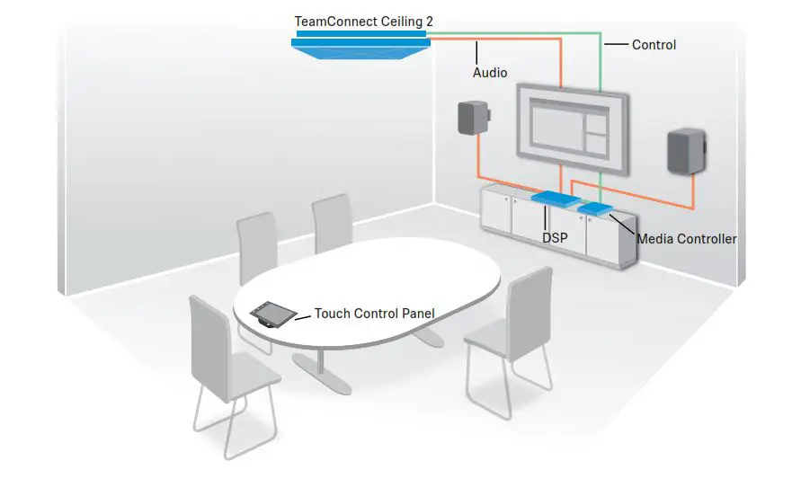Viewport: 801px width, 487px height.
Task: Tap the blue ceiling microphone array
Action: pyautogui.click(x=360, y=45)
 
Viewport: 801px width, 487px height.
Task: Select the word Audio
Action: pyautogui.click(x=490, y=73)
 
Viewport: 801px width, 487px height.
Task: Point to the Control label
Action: pyautogui.click(x=654, y=44)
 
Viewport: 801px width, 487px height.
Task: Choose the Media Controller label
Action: pyautogui.click(x=686, y=239)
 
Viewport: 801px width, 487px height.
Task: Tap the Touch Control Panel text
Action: pyautogui.click(x=374, y=314)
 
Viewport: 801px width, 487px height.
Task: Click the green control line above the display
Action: pyautogui.click(x=600, y=63)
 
